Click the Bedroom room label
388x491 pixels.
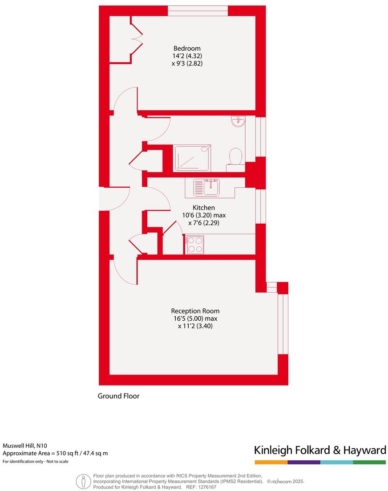[187, 48]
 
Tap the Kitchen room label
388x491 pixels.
[203, 208]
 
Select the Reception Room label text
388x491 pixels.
[195, 311]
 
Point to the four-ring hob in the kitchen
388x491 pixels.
[195, 245]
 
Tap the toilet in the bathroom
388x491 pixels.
[235, 158]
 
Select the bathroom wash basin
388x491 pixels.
[238, 121]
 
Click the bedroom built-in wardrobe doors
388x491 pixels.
[137, 40]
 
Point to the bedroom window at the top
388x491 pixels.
[198, 11]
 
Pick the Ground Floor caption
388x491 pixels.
[118, 396]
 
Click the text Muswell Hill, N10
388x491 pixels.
[25, 445]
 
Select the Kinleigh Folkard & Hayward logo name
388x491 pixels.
[319, 450]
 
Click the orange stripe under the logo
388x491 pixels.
[271, 462]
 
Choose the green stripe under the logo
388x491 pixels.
[369, 462]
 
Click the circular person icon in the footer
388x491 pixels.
[83, 481]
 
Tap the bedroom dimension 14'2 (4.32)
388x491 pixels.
[187, 56]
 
